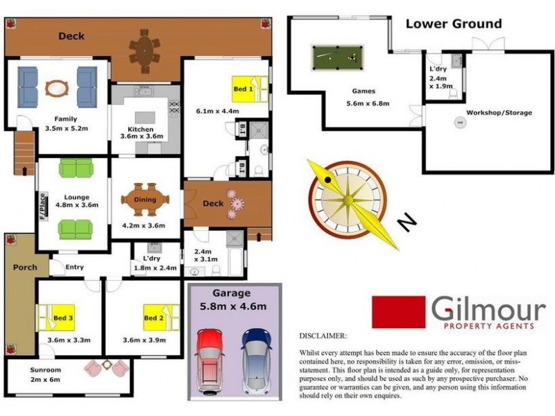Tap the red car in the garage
[x=210, y=361]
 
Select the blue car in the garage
[x=256, y=361]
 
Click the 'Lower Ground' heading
[x=453, y=24]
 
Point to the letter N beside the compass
[x=407, y=222]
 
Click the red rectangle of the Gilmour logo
[x=398, y=312]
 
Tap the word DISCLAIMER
[x=323, y=336]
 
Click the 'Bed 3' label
[x=63, y=318]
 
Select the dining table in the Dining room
[x=145, y=200]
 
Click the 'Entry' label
[x=75, y=267]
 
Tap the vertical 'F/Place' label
[x=42, y=206]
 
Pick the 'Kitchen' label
[x=140, y=129]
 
